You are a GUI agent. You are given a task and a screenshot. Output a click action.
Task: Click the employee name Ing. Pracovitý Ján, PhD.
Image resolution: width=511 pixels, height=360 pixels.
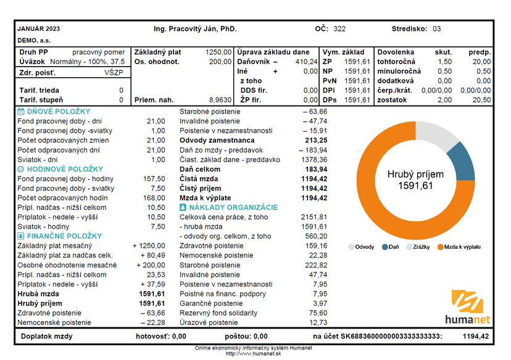click(195, 29)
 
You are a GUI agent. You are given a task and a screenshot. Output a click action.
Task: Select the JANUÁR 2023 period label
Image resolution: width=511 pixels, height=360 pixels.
click(39, 28)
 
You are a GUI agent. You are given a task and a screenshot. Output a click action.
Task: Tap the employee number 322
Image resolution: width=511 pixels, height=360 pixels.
click(339, 29)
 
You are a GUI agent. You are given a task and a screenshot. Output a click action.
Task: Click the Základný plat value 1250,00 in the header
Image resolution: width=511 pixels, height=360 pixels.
click(218, 52)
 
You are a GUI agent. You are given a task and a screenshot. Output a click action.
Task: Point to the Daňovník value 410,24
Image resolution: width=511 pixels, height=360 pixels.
click(306, 62)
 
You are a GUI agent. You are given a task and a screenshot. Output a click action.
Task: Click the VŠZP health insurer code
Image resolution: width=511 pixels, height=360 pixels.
click(114, 72)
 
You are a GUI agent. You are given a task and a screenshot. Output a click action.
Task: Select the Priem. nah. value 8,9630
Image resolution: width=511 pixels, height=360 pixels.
click(220, 100)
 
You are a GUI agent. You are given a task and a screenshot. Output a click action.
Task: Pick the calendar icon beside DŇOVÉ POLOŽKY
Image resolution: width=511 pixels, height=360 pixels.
click(21, 112)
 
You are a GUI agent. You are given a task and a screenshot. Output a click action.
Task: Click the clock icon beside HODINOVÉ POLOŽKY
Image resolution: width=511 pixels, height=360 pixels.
click(20, 169)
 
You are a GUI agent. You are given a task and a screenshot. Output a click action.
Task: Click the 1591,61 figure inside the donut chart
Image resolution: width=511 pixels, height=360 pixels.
click(415, 186)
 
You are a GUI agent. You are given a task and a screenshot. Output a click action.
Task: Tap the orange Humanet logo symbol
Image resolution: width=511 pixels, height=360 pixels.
click(467, 301)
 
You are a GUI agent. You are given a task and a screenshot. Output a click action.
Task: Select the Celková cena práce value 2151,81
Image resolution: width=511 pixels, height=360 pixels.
click(314, 217)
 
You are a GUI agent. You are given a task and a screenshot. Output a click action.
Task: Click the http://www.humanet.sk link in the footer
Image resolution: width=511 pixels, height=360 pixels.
click(253, 354)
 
